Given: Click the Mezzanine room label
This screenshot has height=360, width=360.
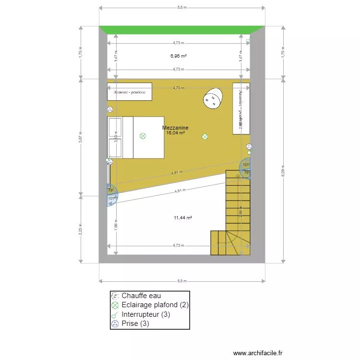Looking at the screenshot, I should [175, 128].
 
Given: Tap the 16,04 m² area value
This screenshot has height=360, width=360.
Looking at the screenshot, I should [175, 132].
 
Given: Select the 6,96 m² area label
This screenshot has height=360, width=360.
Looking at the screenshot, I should [178, 56].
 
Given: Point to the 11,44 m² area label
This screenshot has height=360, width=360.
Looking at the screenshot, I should [183, 217].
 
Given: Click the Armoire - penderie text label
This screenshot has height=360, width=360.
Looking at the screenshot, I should [130, 91].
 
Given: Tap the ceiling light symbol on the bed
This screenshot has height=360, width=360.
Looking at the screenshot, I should [143, 136].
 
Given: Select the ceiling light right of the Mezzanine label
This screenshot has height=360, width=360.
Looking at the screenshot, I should [205, 136].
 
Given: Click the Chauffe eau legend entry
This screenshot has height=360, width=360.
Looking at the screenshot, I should [144, 296].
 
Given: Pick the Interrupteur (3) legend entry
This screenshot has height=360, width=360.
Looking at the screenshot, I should [146, 314].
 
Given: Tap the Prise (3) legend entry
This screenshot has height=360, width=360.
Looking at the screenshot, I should [135, 324].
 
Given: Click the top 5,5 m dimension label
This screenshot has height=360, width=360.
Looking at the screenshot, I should [182, 8].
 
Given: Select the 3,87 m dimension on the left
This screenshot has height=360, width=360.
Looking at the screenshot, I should [81, 137].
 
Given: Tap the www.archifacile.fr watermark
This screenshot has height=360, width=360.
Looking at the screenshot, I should [258, 353].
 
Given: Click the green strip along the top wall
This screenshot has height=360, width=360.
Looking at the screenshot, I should [182, 30].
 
